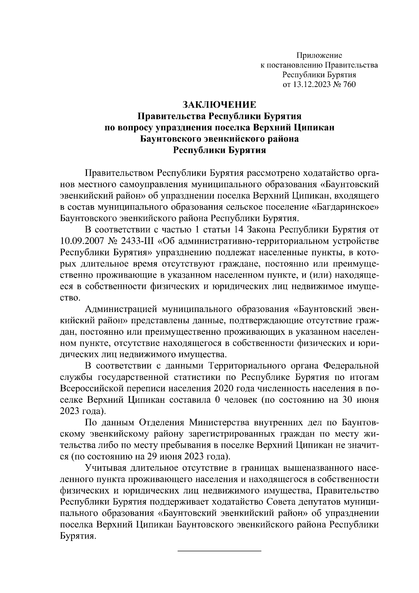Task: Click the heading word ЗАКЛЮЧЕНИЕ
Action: (x=220, y=105)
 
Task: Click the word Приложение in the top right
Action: (x=319, y=55)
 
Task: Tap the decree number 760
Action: (x=349, y=84)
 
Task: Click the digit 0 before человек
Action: (x=217, y=400)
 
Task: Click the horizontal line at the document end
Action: (x=220, y=551)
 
